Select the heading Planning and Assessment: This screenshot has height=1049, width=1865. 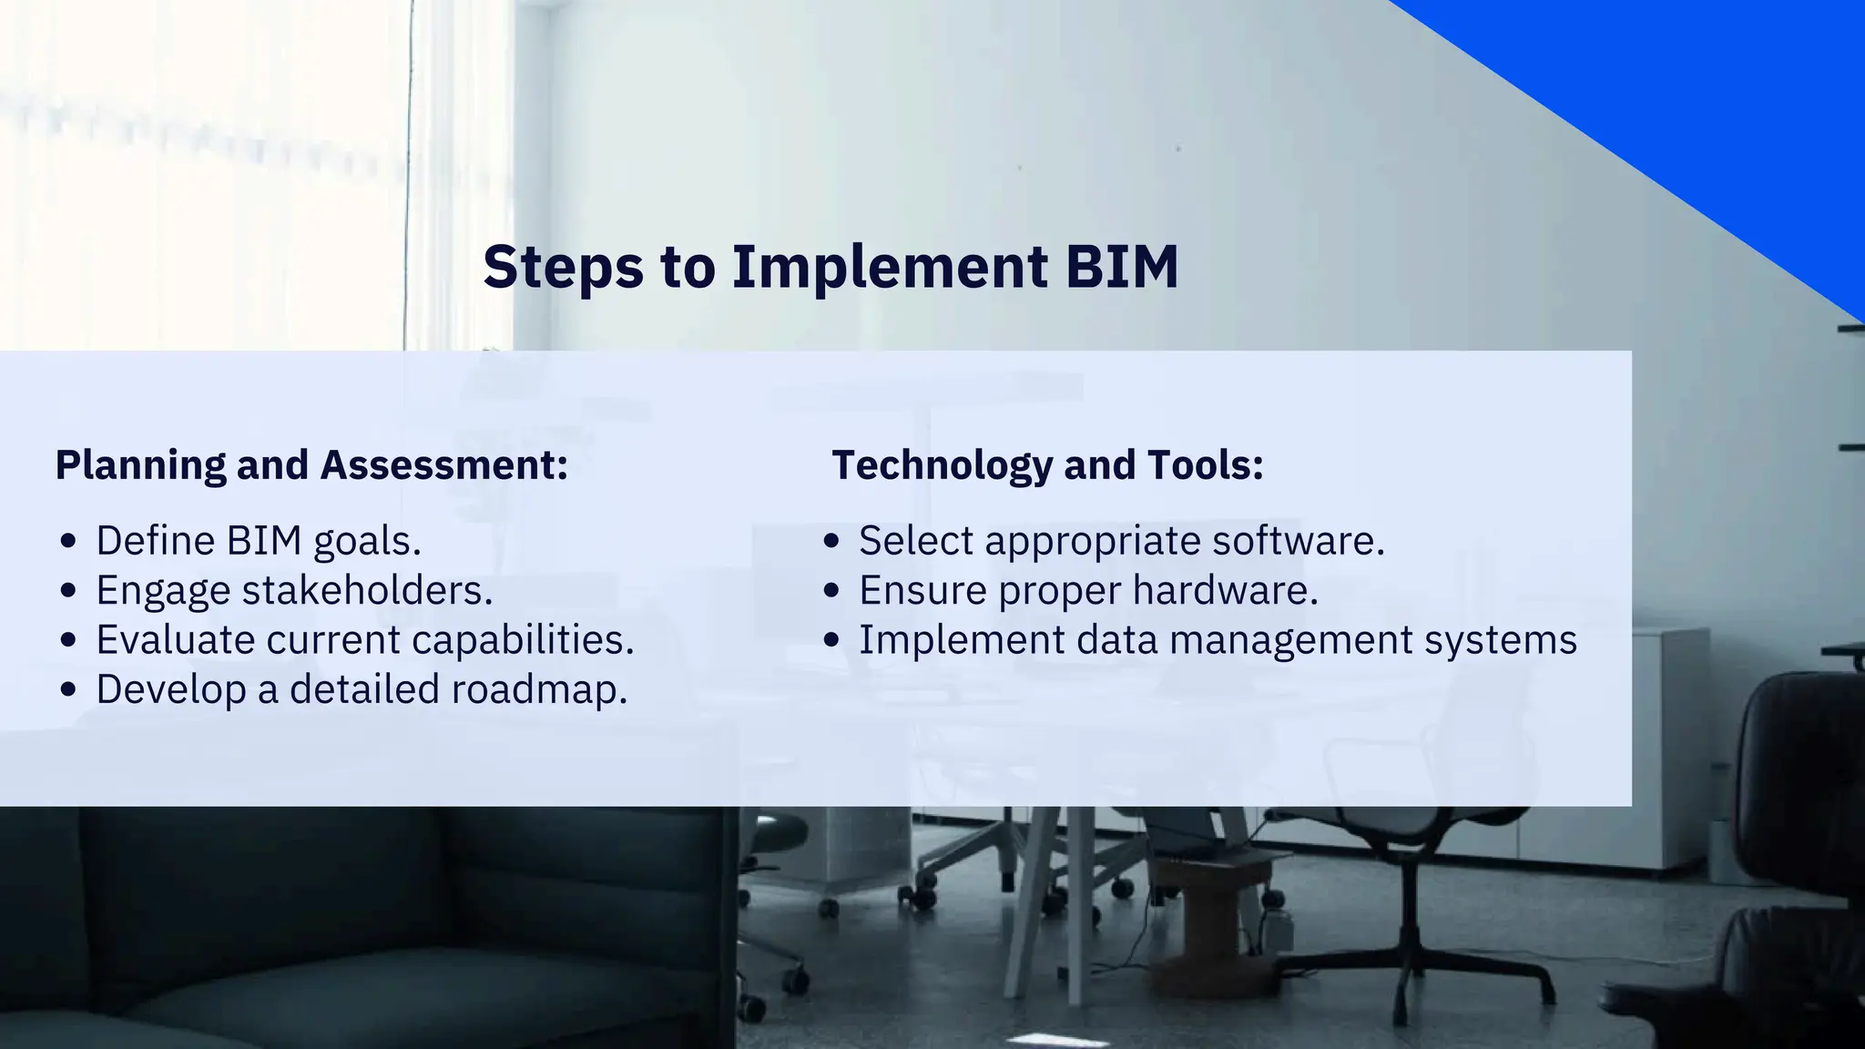coord(311,465)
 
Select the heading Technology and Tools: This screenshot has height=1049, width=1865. coord(1047,465)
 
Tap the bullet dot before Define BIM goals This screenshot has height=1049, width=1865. coord(67,541)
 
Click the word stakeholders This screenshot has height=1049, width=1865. coord(367,590)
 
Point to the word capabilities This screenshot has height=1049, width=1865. coord(523,640)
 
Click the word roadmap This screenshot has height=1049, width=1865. coord(539,689)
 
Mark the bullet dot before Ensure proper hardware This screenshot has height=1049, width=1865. coord(831,590)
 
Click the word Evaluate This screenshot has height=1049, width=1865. coord(175,640)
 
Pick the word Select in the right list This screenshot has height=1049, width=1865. coord(916,541)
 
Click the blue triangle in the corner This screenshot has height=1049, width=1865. coord(1730,100)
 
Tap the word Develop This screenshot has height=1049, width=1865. coord(171,689)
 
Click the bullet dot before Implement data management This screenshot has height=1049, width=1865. coord(831,640)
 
